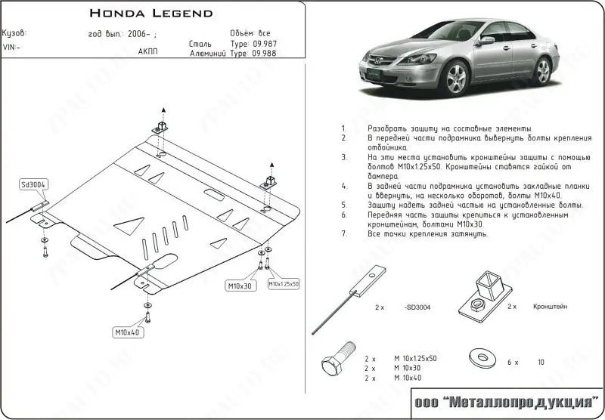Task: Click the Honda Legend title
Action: coord(151,13)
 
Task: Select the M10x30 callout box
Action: coord(241,286)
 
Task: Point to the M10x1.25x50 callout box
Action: coord(284,283)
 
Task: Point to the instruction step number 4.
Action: coord(344,184)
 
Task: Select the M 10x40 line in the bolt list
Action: coord(407,376)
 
